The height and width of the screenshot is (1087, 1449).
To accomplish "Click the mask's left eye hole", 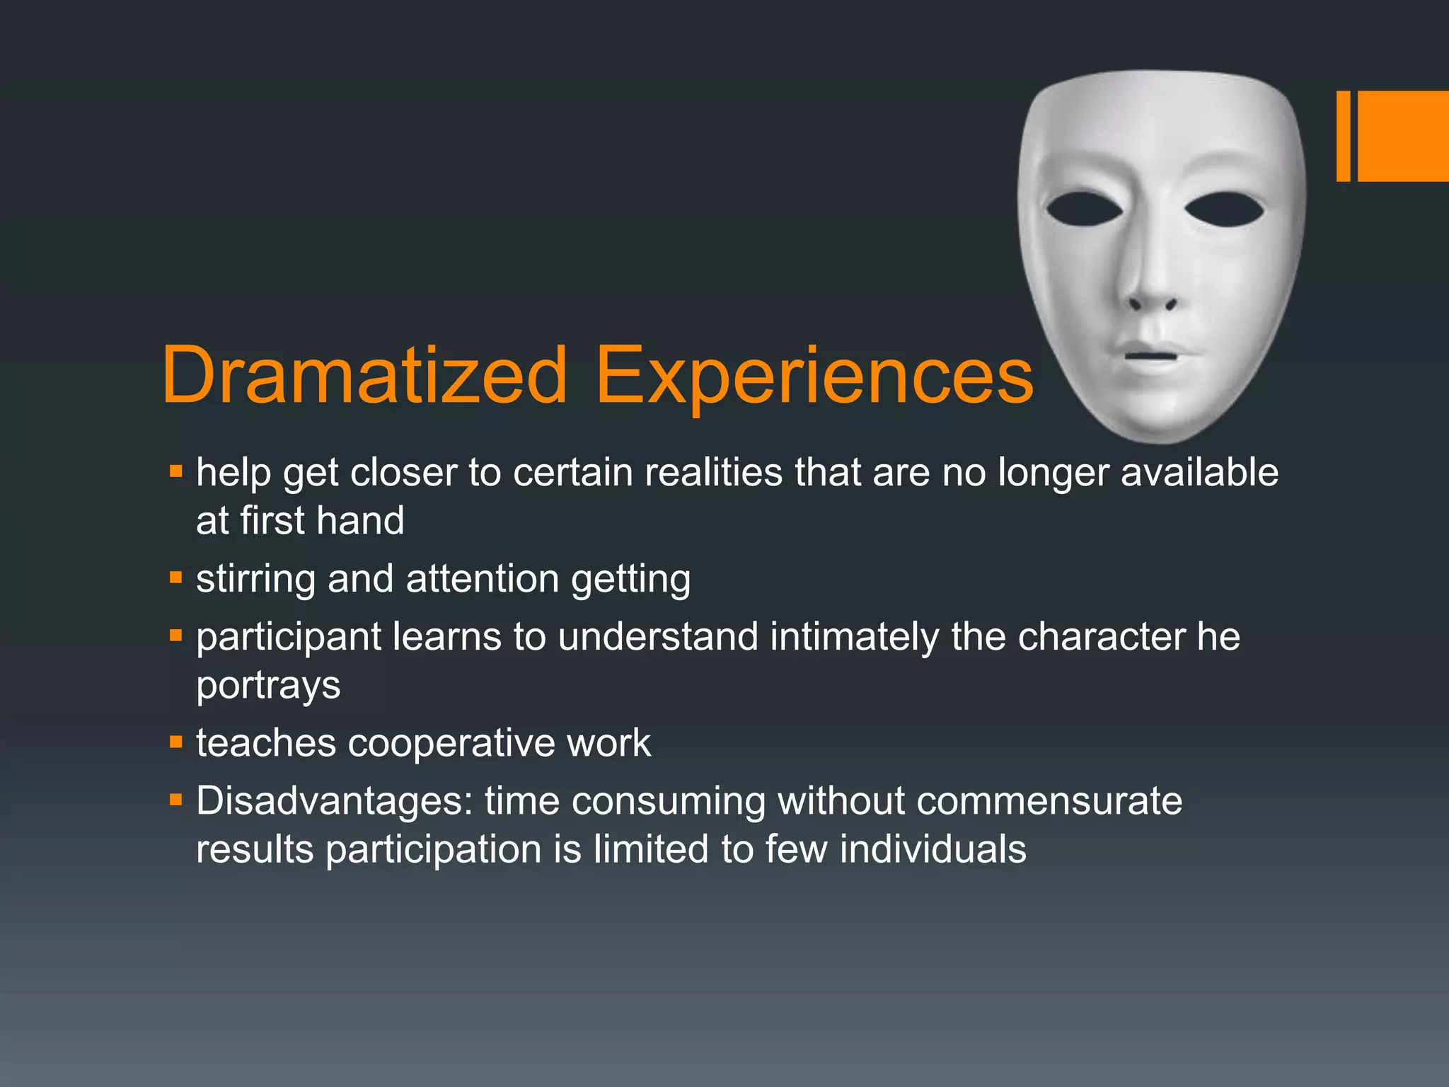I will (1084, 209).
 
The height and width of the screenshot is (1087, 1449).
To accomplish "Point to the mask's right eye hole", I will (1224, 210).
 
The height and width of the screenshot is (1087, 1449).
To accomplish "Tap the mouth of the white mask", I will (1150, 354).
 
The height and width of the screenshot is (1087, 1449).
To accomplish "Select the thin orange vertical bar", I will (1343, 136).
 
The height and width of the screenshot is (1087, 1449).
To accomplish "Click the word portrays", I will (268, 685).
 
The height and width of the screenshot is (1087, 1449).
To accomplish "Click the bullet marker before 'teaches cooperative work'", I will (176, 742).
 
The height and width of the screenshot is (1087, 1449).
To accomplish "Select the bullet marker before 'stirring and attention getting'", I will (176, 577).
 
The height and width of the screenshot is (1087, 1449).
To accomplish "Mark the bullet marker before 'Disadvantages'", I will (176, 800).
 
